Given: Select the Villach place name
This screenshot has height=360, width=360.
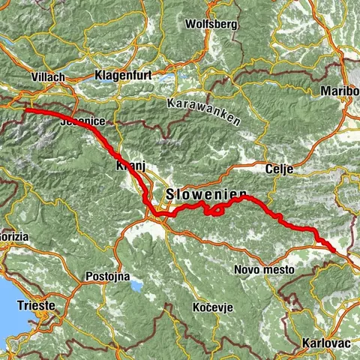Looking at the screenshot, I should [48, 77].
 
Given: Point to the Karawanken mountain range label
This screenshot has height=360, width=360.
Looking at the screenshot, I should [204, 112].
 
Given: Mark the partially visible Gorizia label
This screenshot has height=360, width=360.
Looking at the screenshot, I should [14, 236].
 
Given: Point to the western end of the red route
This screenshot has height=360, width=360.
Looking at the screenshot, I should [27, 110].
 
